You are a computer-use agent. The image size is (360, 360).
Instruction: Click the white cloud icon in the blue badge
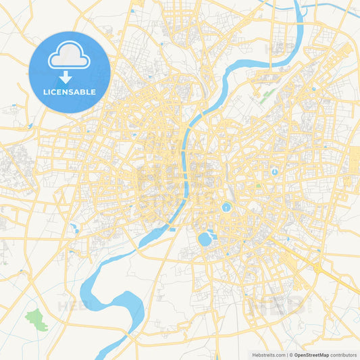click(x=69, y=58)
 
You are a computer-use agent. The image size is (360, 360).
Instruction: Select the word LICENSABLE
click(x=69, y=93)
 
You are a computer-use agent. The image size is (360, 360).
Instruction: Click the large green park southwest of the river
click(x=37, y=319)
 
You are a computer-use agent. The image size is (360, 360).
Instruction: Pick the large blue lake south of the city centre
click(x=205, y=239)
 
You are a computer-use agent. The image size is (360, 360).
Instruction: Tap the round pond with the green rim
click(x=226, y=207)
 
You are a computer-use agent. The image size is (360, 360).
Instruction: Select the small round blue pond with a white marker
click(x=275, y=172)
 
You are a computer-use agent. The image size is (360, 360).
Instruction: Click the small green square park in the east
click(x=258, y=186)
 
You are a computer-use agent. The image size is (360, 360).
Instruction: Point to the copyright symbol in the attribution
click(x=291, y=355)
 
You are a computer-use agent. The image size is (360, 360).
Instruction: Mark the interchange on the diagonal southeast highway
click(x=317, y=268)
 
